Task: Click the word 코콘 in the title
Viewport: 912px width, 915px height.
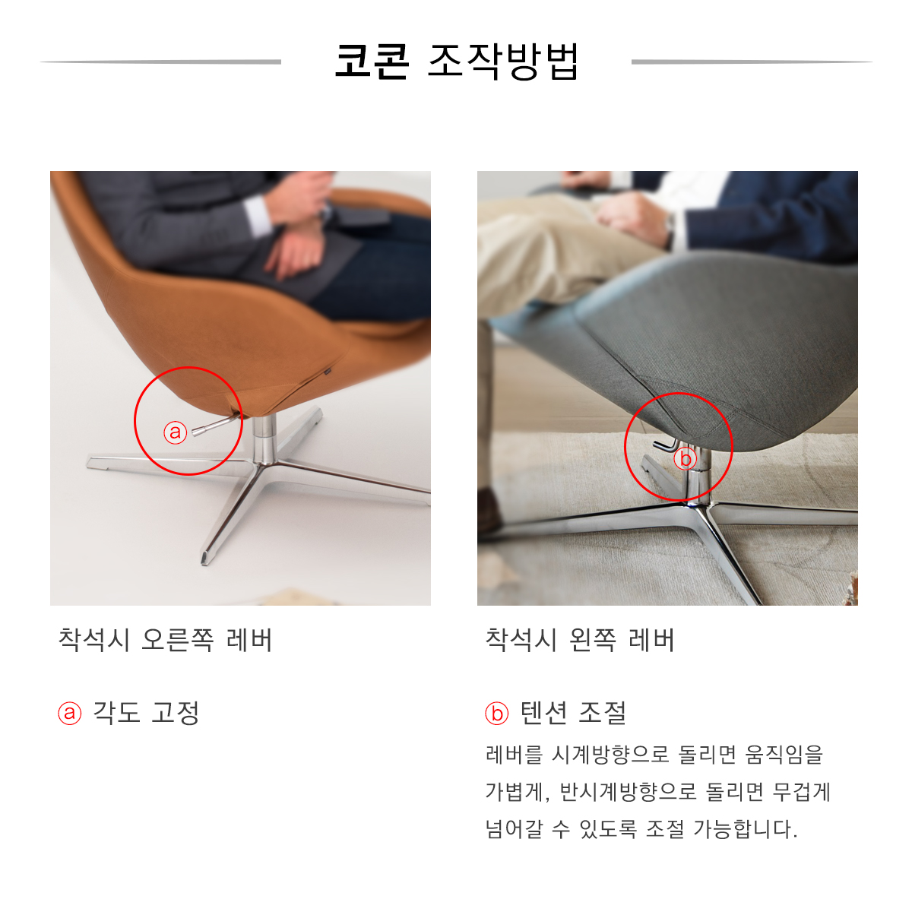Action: [x=372, y=62]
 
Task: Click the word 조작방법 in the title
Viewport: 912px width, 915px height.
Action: [x=503, y=62]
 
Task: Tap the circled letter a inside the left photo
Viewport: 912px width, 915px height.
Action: [x=175, y=432]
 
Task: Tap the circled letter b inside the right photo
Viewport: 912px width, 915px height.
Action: [x=685, y=459]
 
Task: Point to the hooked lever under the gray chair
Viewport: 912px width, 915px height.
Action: [x=666, y=445]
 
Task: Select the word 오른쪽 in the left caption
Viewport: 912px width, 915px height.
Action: [x=178, y=640]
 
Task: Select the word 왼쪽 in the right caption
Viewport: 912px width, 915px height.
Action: [x=592, y=640]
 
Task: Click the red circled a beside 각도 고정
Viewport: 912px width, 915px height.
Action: [x=69, y=713]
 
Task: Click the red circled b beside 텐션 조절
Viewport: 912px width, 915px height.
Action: [x=496, y=713]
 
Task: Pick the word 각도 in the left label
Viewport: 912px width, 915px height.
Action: [x=116, y=712]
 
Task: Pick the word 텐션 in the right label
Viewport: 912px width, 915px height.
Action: [x=544, y=712]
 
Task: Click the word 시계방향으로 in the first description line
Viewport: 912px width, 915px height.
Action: [x=610, y=754]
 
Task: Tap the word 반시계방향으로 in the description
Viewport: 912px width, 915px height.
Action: [x=628, y=792]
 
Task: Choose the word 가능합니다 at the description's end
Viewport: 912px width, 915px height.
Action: [x=745, y=829]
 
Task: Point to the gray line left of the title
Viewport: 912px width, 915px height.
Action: [x=160, y=62]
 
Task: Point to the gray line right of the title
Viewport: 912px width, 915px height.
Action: [x=752, y=62]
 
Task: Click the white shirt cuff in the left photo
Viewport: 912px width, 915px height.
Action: [x=259, y=216]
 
